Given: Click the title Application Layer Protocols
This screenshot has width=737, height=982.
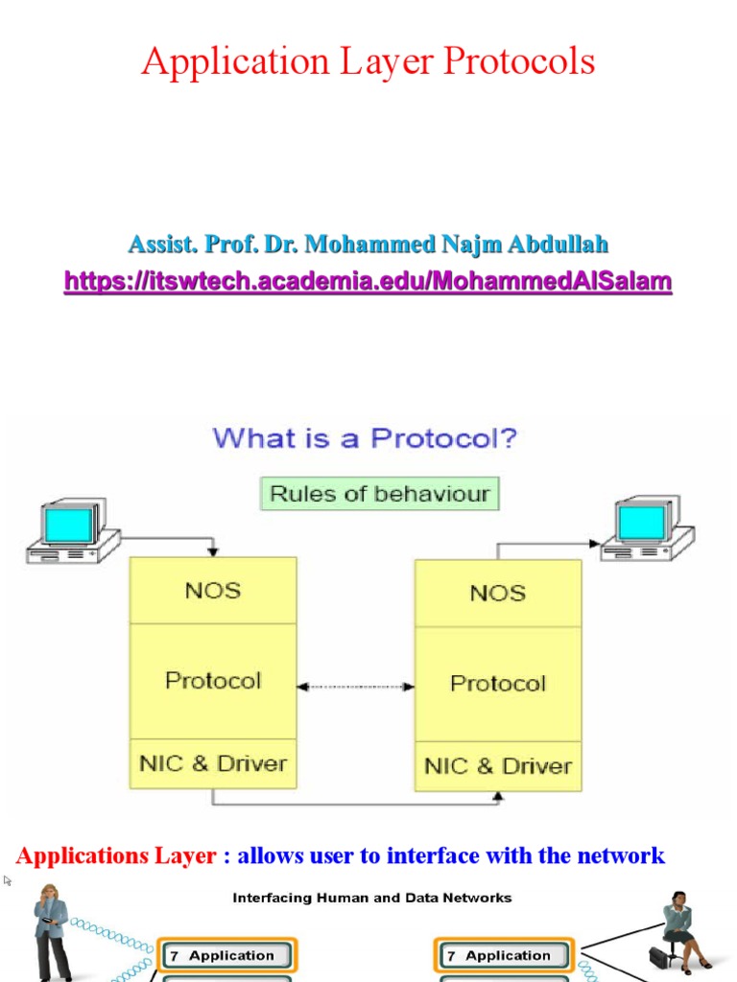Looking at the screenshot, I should (368, 62).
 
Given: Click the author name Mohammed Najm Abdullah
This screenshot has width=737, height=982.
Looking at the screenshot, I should (368, 244).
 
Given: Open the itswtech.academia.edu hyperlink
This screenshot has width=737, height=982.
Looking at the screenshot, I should (368, 281).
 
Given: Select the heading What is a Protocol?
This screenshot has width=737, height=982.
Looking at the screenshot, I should (365, 439).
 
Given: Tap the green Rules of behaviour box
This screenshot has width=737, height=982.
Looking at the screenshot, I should (380, 494).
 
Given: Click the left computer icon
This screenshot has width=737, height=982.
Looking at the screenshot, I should (71, 530).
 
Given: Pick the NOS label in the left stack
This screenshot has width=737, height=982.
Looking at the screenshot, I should (212, 590).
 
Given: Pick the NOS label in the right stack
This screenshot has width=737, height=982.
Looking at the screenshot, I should (497, 593).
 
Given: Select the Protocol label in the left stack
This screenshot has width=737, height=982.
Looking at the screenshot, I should (212, 680).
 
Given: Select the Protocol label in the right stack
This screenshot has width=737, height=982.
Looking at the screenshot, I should (497, 683).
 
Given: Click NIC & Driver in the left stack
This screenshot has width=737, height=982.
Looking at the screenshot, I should (212, 763).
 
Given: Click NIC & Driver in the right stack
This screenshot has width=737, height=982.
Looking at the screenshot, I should (497, 766).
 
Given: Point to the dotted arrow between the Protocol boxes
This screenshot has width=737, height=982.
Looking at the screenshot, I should (355, 687).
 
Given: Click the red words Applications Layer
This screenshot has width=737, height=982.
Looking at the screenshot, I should (116, 855).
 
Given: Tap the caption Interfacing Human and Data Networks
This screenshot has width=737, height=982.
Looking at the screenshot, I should (372, 898).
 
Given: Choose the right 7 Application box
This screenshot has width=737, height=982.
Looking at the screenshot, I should (504, 955).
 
